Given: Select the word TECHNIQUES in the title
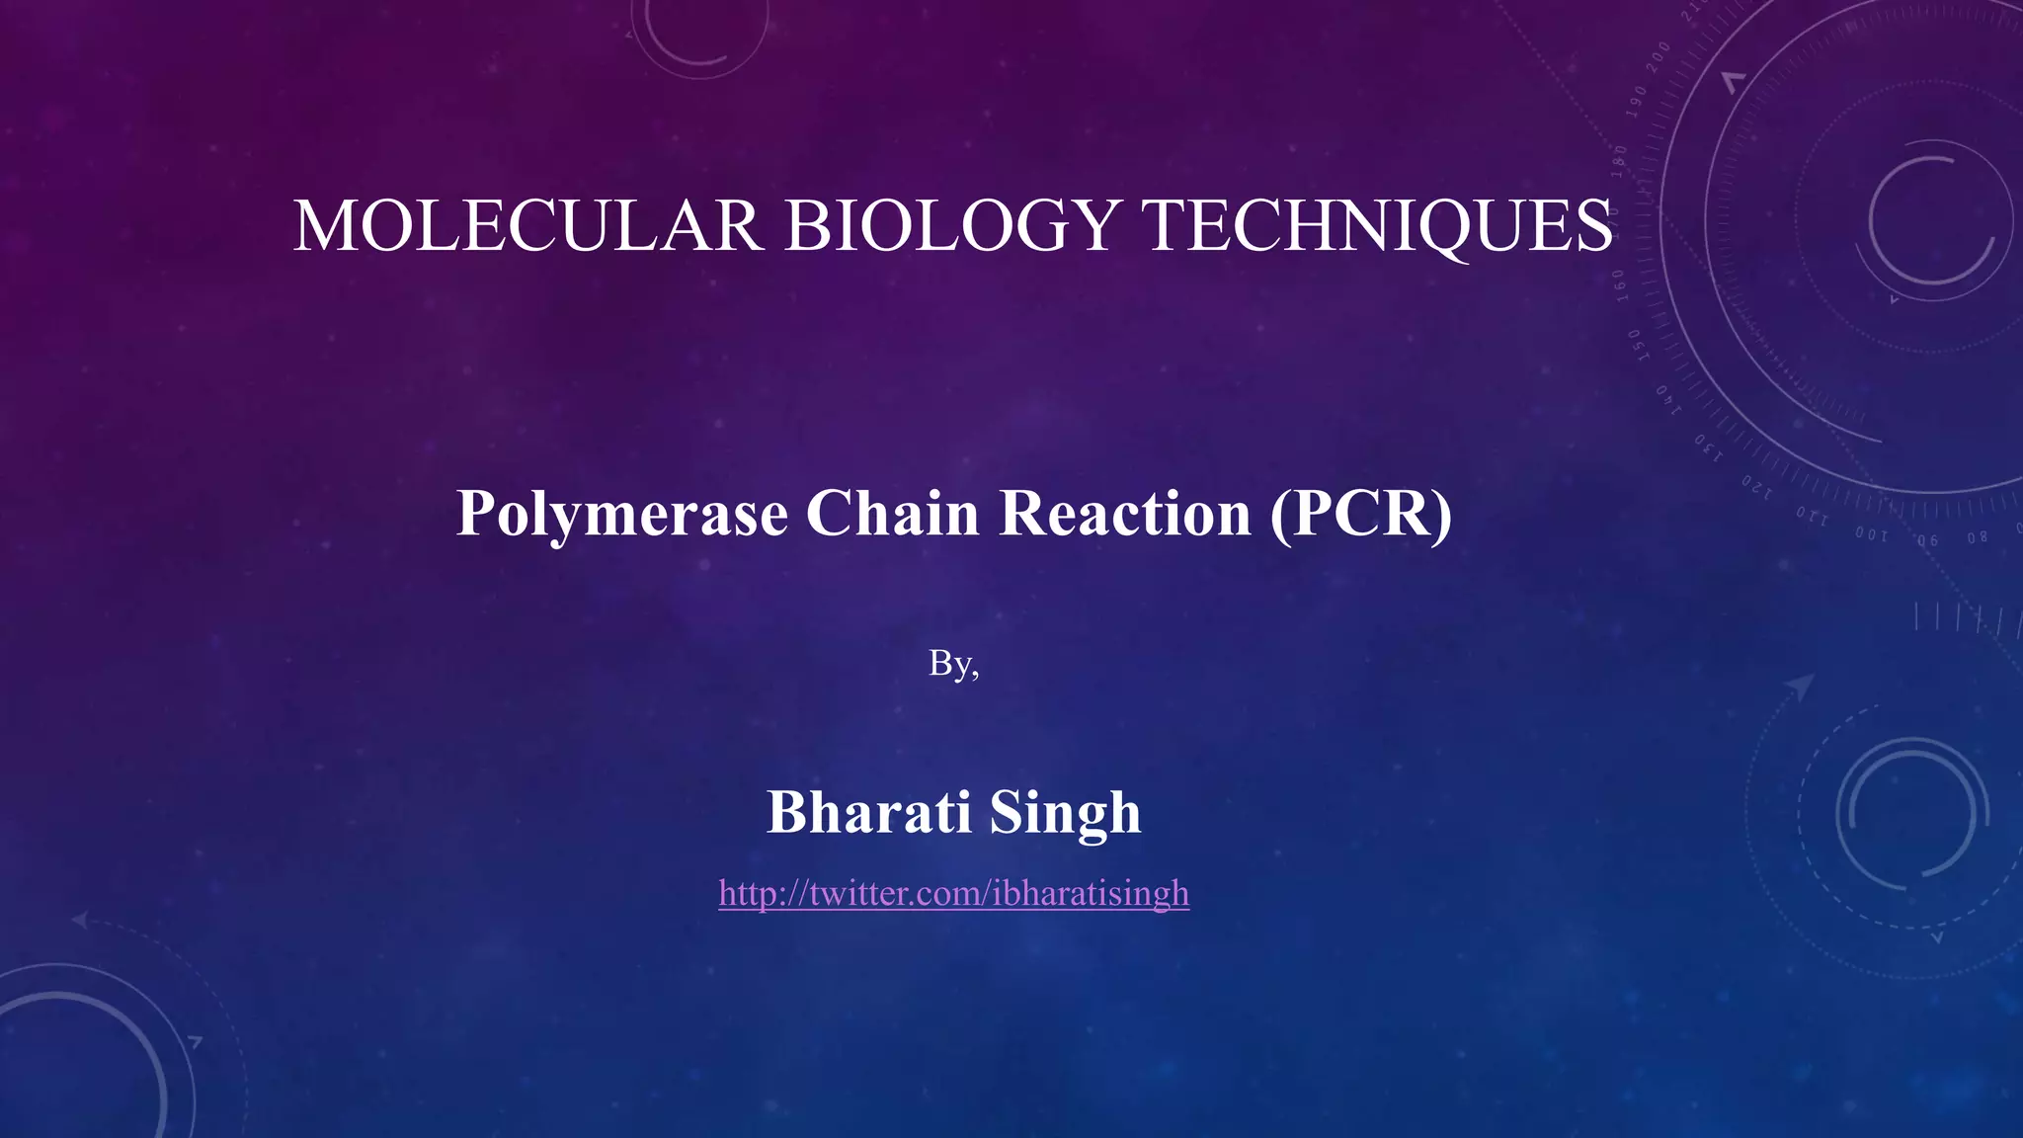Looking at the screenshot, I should [x=1378, y=226].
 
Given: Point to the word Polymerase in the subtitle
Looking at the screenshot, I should [x=622, y=514].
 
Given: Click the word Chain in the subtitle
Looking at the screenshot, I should [x=892, y=514].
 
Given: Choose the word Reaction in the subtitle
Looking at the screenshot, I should [x=1125, y=514].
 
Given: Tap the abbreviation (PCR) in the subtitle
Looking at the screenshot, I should [x=1361, y=514].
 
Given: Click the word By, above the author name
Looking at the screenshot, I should [x=953, y=664].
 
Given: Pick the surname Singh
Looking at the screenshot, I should [x=1065, y=812].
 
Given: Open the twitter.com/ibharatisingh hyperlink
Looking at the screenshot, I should [x=953, y=893].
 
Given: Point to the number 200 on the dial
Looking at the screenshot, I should [x=1659, y=54].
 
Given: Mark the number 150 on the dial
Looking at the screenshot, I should [x=1635, y=346].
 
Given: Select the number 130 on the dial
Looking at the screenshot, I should [x=1708, y=447].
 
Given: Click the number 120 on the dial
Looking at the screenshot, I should [x=1756, y=486].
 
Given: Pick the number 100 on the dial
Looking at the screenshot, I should [x=1871, y=534].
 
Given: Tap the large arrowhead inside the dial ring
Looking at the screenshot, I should [x=1734, y=81].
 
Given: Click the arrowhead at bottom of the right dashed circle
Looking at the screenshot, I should [x=1937, y=936].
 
